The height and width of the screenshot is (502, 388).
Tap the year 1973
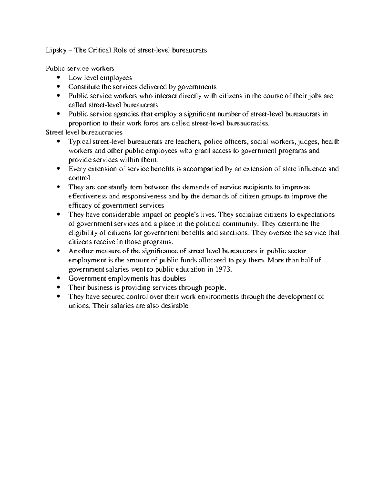[x=223, y=269]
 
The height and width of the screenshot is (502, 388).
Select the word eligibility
[x=82, y=233]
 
